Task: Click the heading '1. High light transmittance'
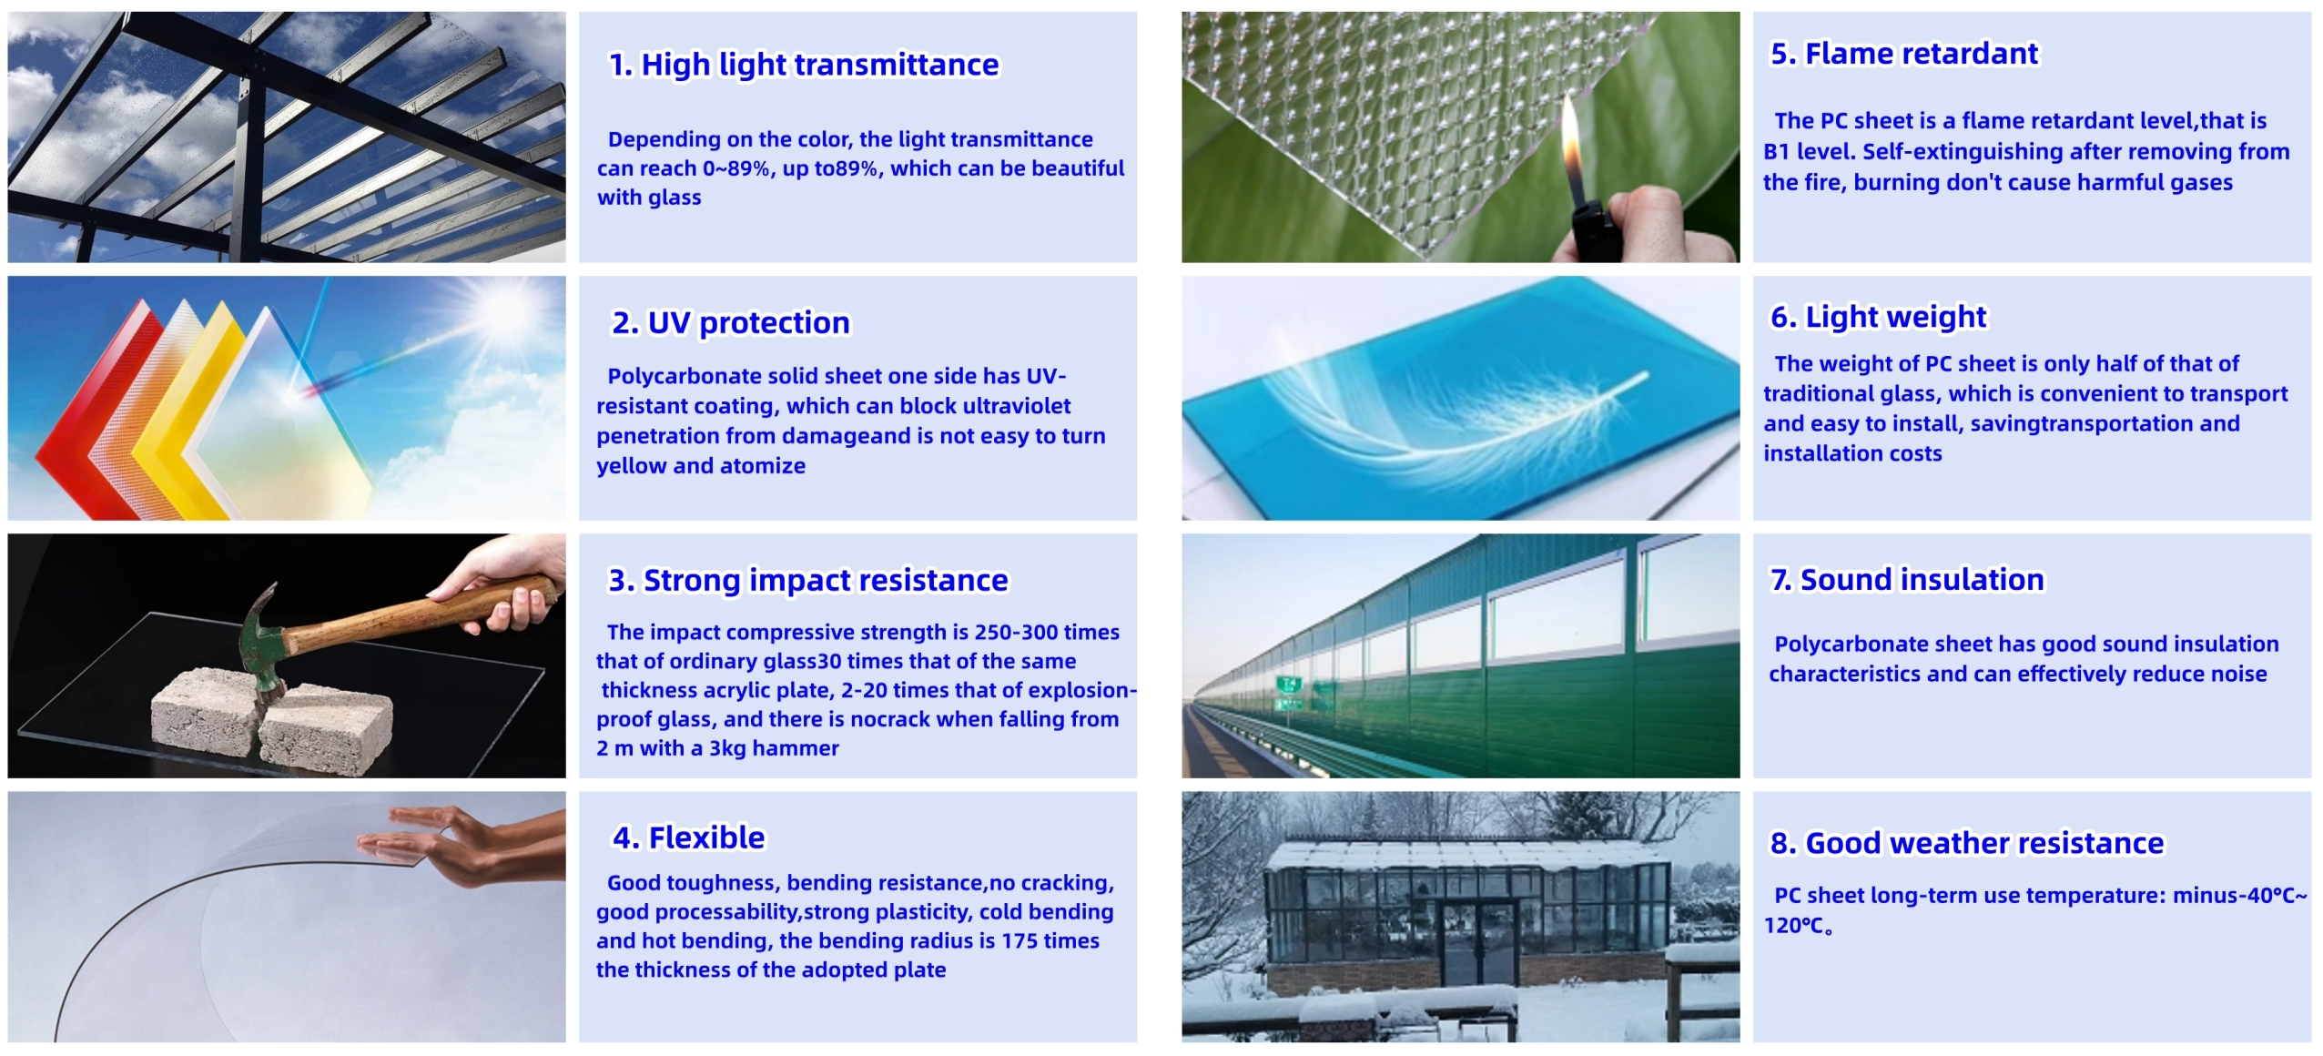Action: pyautogui.click(x=804, y=65)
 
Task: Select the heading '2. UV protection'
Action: pyautogui.click(x=730, y=322)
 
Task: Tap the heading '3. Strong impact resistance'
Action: pyautogui.click(x=808, y=580)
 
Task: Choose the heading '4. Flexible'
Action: pyautogui.click(x=689, y=838)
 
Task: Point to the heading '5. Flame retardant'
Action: pyautogui.click(x=1903, y=54)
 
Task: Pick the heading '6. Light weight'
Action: pyautogui.click(x=1878, y=317)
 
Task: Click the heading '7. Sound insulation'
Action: pyautogui.click(x=1907, y=579)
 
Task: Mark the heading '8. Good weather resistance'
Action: pyautogui.click(x=1966, y=843)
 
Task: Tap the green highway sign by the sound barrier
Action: pyautogui.click(x=1287, y=685)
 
